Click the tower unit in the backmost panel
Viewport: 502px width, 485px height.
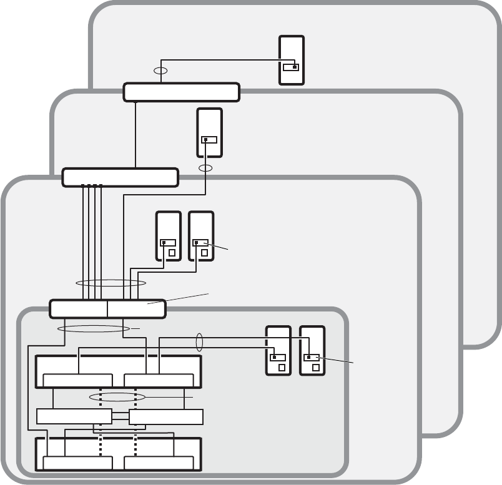pyautogui.click(x=292, y=60)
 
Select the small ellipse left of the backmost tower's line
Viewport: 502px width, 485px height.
pyautogui.click(x=160, y=71)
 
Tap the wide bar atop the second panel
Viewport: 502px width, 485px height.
pyautogui.click(x=182, y=92)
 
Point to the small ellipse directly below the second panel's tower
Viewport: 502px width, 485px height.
pyautogui.click(x=205, y=169)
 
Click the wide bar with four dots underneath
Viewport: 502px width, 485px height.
pyautogui.click(x=121, y=177)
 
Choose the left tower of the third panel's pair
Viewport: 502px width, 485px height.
pyautogui.click(x=169, y=236)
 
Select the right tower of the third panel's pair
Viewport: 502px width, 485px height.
pyautogui.click(x=201, y=236)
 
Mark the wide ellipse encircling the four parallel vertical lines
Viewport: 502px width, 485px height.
pyautogui.click(x=111, y=284)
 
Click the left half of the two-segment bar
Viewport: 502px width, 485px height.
pyautogui.click(x=78, y=309)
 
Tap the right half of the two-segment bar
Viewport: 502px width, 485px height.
pyautogui.click(x=136, y=309)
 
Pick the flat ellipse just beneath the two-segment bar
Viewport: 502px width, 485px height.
pyautogui.click(x=93, y=328)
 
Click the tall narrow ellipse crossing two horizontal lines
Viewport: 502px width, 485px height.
pyautogui.click(x=200, y=343)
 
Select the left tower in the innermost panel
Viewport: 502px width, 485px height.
pyautogui.click(x=278, y=350)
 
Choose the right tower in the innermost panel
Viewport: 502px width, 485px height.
pyautogui.click(x=312, y=350)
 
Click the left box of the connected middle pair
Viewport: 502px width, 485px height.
pyautogui.click(x=74, y=416)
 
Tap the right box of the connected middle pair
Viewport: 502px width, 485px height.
pyautogui.click(x=165, y=416)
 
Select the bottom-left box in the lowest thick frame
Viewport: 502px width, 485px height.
pyautogui.click(x=77, y=463)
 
